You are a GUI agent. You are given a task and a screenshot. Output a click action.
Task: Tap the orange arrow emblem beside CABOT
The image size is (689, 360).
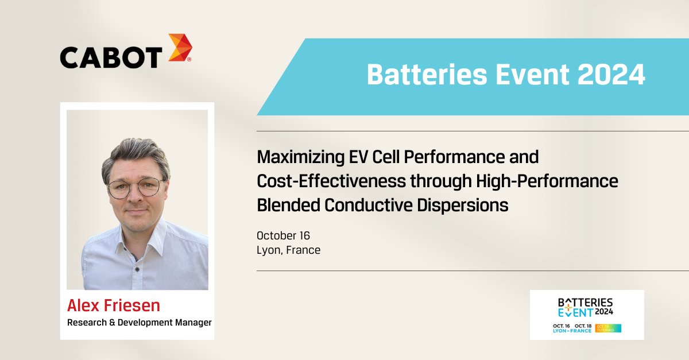point(180,48)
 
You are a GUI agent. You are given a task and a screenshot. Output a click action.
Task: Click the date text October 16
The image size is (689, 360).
point(283,235)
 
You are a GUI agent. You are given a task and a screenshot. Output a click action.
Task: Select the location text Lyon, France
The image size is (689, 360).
point(288,250)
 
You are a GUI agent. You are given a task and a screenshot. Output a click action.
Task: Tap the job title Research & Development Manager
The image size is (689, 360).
point(140,323)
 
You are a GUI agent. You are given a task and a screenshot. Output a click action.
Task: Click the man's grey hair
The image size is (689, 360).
point(136,152)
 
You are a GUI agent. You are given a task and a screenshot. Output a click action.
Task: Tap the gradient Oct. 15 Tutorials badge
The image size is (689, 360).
point(608,328)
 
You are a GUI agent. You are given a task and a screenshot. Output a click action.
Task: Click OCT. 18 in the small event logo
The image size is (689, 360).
point(582,326)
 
